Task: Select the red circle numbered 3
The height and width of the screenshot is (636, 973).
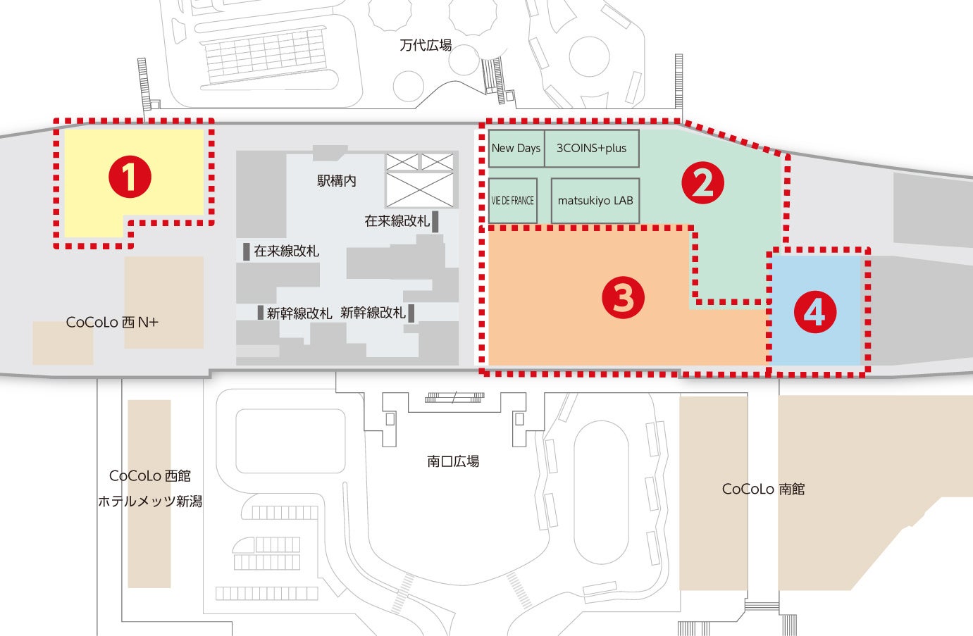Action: tap(623, 297)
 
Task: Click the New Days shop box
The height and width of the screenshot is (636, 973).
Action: tap(516, 148)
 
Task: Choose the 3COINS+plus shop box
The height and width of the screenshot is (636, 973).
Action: tap(591, 148)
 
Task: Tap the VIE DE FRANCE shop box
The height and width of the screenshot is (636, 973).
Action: tap(513, 201)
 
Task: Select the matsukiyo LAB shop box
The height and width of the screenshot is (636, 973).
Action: tap(595, 201)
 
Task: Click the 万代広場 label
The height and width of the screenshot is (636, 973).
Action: tap(426, 46)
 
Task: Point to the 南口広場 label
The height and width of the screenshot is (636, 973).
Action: tap(453, 461)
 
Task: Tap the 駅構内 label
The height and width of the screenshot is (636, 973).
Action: tap(337, 181)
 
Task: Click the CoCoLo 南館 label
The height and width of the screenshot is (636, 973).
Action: tap(763, 489)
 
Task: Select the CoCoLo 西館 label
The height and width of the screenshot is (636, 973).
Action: tap(150, 476)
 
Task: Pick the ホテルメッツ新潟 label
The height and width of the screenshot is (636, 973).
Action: tap(150, 501)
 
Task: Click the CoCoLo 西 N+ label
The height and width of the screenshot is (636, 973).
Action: tap(112, 323)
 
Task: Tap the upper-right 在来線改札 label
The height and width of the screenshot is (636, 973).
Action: tap(397, 221)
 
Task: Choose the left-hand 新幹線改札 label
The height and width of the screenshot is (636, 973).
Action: tap(299, 313)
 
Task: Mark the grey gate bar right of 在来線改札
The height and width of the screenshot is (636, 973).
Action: tap(435, 221)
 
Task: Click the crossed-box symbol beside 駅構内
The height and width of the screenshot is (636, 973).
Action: tap(419, 180)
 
